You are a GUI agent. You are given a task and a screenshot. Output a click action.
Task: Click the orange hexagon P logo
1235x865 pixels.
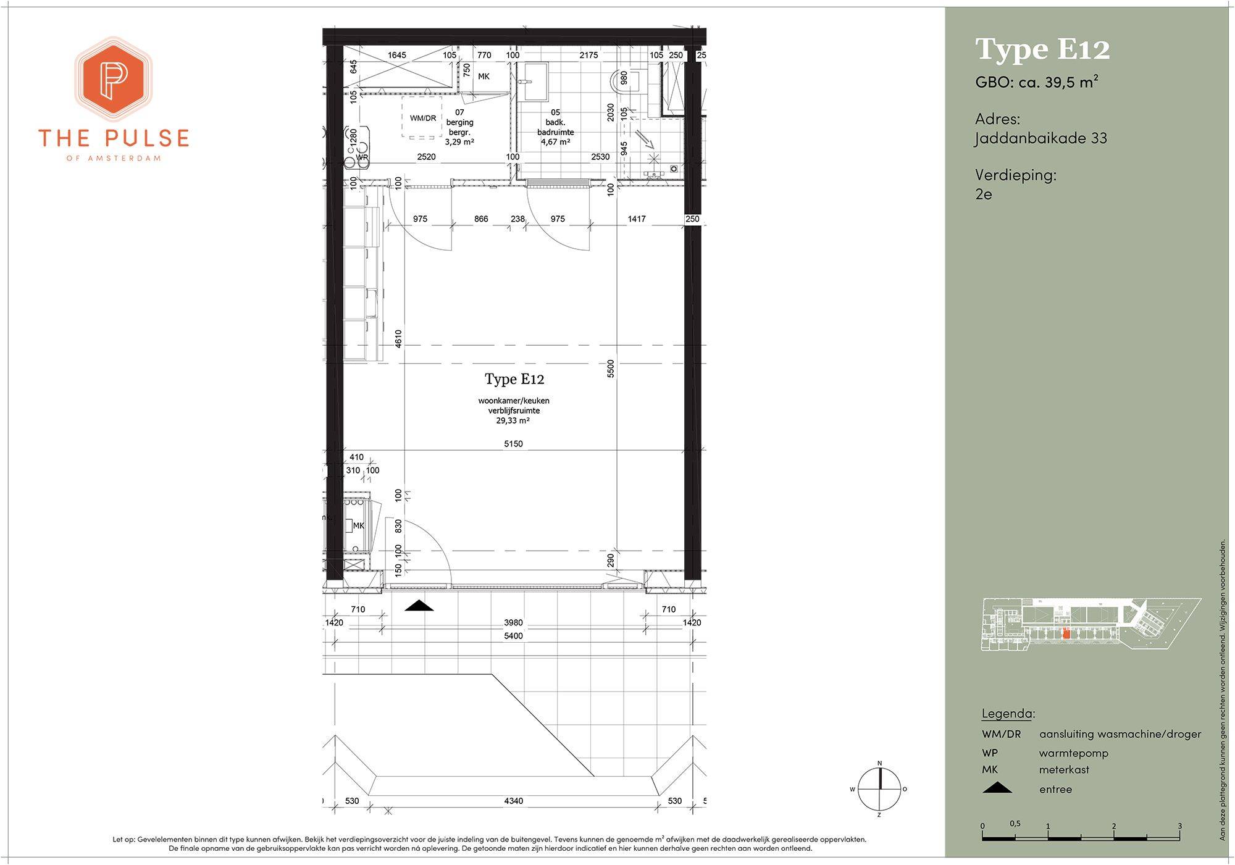(x=113, y=78)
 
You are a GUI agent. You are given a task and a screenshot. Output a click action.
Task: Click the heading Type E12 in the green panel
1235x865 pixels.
(x=1042, y=49)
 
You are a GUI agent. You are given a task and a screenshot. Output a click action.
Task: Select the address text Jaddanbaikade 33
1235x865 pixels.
(x=1040, y=138)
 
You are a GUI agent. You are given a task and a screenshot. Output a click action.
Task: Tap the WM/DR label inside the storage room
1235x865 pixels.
(x=423, y=118)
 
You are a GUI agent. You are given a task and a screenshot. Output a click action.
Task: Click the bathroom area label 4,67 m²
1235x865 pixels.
(x=555, y=142)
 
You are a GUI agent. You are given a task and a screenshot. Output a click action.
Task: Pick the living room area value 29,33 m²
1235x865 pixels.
(x=513, y=420)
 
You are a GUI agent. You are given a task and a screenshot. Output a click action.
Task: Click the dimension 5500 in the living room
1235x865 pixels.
(x=611, y=369)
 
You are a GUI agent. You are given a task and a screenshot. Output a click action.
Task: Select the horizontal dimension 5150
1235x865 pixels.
(x=513, y=443)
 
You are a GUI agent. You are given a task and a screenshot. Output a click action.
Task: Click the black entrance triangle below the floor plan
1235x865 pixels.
(x=419, y=606)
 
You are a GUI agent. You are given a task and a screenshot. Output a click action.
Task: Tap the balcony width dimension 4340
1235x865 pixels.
(x=513, y=801)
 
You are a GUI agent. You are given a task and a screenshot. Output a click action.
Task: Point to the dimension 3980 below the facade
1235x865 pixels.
(x=513, y=622)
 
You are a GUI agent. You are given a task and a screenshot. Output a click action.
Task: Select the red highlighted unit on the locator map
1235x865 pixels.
(x=1066, y=633)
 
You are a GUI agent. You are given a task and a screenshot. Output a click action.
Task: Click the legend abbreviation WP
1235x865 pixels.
(x=990, y=753)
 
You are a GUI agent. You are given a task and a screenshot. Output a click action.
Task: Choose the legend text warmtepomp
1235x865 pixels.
(x=1074, y=753)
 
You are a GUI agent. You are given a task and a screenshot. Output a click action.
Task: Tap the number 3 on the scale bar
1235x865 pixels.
(x=1179, y=825)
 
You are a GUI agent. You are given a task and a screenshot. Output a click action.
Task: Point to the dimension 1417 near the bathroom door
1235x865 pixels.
(x=637, y=219)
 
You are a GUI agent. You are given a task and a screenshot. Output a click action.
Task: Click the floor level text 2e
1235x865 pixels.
(x=984, y=194)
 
